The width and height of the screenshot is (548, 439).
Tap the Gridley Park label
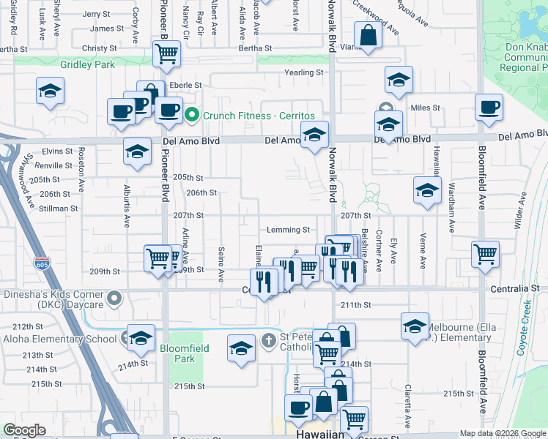point(89,64)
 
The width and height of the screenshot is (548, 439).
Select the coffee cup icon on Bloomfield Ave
point(489,107)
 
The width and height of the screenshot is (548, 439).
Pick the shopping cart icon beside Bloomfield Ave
point(485,255)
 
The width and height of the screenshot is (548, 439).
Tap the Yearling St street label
point(303,72)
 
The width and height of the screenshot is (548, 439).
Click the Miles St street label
point(425,108)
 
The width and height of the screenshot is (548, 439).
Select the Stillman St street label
point(59,209)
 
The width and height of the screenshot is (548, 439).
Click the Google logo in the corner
point(24,430)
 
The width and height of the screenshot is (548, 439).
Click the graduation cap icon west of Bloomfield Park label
point(141,337)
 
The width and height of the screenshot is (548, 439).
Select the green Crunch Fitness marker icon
point(192,116)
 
